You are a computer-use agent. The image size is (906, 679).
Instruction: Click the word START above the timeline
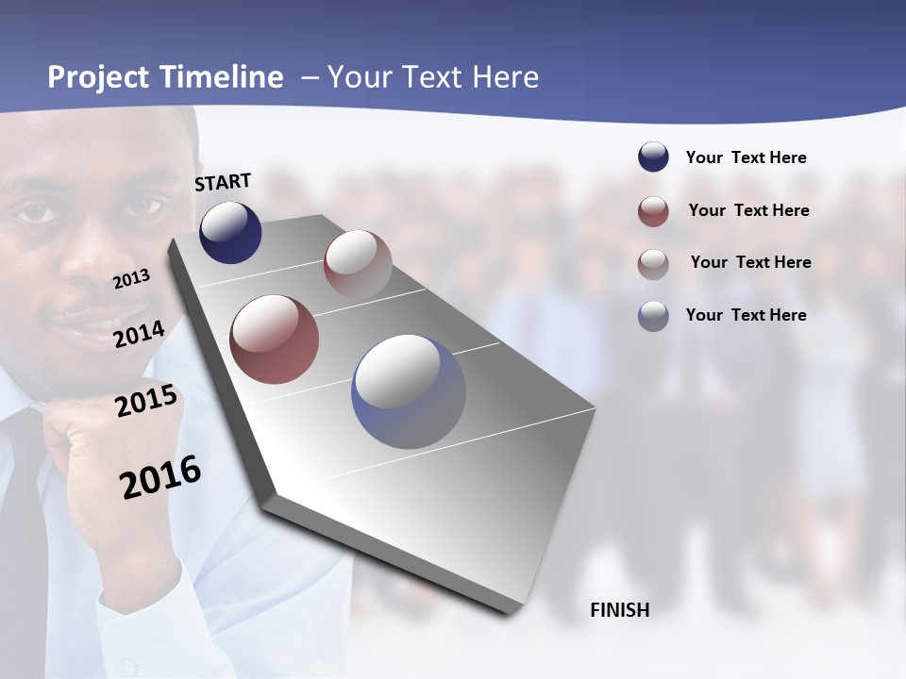(223, 181)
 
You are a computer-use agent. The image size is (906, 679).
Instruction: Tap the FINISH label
(619, 610)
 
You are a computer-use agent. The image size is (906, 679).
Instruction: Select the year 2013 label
(131, 278)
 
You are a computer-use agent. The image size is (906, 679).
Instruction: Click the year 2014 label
(139, 334)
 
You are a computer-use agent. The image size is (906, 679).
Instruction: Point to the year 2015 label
(145, 401)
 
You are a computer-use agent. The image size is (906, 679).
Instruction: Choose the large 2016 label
(160, 476)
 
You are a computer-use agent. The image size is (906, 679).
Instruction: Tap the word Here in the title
(505, 77)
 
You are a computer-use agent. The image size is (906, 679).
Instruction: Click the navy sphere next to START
(230, 232)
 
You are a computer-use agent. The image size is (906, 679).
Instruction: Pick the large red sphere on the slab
(274, 339)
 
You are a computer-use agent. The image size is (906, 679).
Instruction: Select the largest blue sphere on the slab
(409, 391)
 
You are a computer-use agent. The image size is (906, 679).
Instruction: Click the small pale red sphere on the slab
(358, 262)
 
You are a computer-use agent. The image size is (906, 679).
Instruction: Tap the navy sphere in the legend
(653, 157)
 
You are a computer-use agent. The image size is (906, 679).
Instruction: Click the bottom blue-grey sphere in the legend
(653, 315)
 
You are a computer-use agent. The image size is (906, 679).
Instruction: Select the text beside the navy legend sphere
(746, 157)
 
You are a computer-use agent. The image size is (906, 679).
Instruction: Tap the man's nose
(90, 259)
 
